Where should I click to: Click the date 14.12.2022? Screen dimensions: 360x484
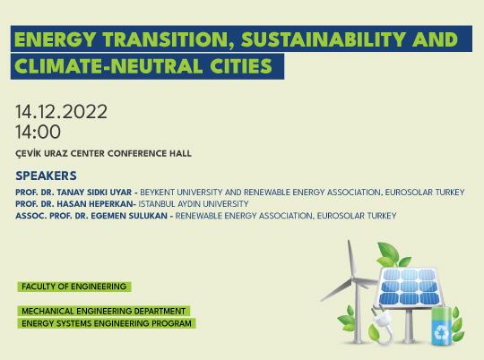click(x=61, y=112)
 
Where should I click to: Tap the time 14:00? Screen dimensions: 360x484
click(x=38, y=132)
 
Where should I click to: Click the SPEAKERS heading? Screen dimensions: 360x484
click(x=47, y=176)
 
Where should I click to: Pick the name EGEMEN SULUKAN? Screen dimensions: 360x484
click(x=131, y=216)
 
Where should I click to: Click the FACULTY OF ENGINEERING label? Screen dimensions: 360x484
click(x=73, y=287)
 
